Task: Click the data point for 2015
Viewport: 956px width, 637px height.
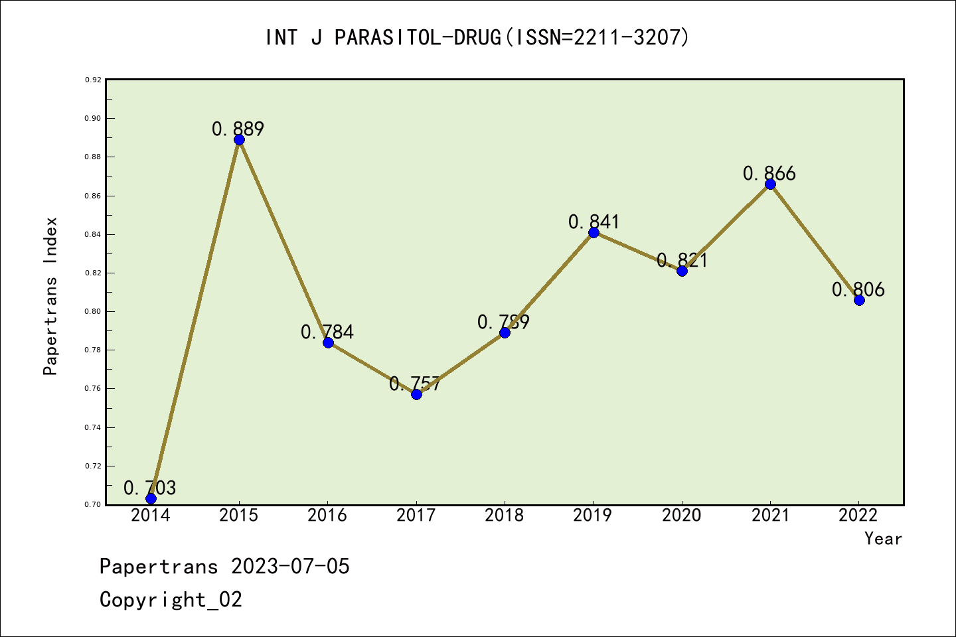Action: coord(239,139)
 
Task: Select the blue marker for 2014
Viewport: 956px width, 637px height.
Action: coord(151,498)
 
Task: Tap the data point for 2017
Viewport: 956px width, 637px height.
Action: coord(416,394)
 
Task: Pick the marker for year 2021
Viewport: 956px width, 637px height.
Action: coord(770,184)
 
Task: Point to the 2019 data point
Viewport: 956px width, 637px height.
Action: coord(594,232)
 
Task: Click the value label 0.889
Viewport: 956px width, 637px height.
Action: coord(238,129)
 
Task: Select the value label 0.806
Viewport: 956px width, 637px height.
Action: coord(858,289)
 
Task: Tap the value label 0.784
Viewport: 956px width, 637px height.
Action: coord(327,332)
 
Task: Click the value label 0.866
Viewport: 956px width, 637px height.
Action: coord(769,173)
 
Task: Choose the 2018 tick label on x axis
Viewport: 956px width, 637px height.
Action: coord(505,516)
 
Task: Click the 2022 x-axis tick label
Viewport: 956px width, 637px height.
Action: coord(858,516)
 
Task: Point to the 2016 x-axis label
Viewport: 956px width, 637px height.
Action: coord(327,516)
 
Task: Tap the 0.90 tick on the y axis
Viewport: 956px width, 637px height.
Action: coord(93,118)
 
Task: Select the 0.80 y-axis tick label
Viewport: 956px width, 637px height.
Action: coord(93,311)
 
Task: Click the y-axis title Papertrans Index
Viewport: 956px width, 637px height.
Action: coord(50,296)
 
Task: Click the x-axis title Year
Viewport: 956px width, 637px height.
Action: coord(883,539)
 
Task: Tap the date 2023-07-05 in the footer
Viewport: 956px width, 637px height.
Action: coord(290,567)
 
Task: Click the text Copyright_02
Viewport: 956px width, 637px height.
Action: coord(171,600)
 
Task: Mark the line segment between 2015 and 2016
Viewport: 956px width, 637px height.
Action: coord(283,241)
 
